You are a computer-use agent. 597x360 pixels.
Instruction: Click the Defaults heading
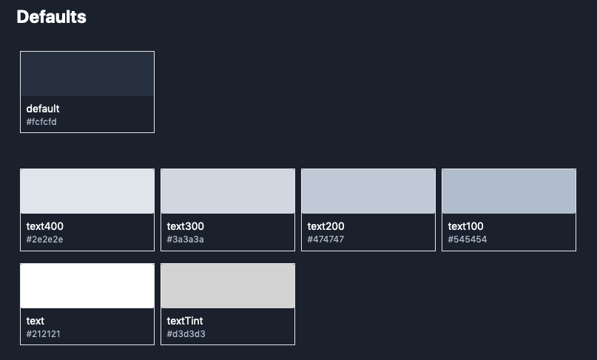pyautogui.click(x=51, y=17)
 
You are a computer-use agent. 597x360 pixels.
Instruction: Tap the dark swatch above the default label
pyautogui.click(x=87, y=74)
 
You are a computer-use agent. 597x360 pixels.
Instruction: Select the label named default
pyautogui.click(x=43, y=109)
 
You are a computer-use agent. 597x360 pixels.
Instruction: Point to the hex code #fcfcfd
pyautogui.click(x=41, y=122)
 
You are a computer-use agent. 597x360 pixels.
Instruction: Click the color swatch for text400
pyautogui.click(x=87, y=191)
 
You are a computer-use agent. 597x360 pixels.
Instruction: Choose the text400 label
pyautogui.click(x=45, y=226)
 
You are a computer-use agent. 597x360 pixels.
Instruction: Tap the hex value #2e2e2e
pyautogui.click(x=44, y=240)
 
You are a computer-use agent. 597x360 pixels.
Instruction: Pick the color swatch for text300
pyautogui.click(x=228, y=191)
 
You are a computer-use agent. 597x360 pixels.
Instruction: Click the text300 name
pyautogui.click(x=186, y=226)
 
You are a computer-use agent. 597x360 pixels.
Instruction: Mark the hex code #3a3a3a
pyautogui.click(x=186, y=240)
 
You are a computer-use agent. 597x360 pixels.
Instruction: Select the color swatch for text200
pyautogui.click(x=368, y=191)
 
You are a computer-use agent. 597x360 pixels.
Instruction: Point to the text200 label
pyautogui.click(x=326, y=226)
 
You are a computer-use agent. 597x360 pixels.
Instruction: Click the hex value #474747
pyautogui.click(x=326, y=240)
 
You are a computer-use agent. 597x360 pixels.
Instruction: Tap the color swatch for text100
pyautogui.click(x=509, y=191)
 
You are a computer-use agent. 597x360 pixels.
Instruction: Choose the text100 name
pyautogui.click(x=465, y=226)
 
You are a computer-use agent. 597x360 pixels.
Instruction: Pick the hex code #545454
pyautogui.click(x=467, y=240)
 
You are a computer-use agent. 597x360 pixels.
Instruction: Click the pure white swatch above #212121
pyautogui.click(x=87, y=286)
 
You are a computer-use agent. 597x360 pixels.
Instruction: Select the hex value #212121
pyautogui.click(x=44, y=334)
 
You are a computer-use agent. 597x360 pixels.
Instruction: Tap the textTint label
pyautogui.click(x=185, y=321)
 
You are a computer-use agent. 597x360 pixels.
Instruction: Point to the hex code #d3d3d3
pyautogui.click(x=186, y=334)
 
